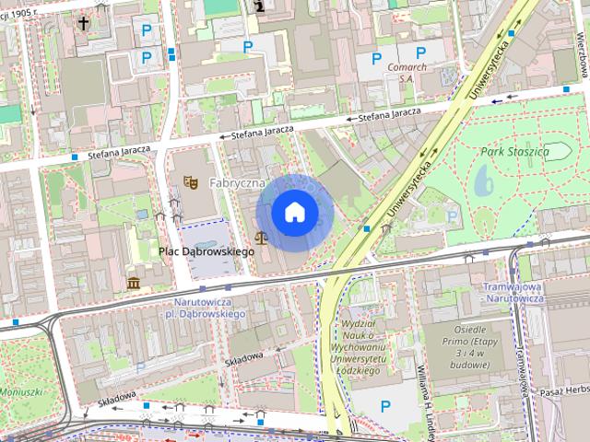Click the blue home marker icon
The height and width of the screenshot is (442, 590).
294,213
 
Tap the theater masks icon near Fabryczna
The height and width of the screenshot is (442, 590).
191,182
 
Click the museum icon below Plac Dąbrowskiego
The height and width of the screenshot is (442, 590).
135,282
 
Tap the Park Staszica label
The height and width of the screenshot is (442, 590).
514,150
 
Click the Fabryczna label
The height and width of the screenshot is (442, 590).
237,183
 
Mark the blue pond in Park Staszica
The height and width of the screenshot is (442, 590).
484,183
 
